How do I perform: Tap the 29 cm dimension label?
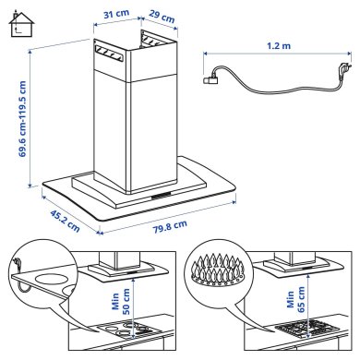(162, 18)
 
